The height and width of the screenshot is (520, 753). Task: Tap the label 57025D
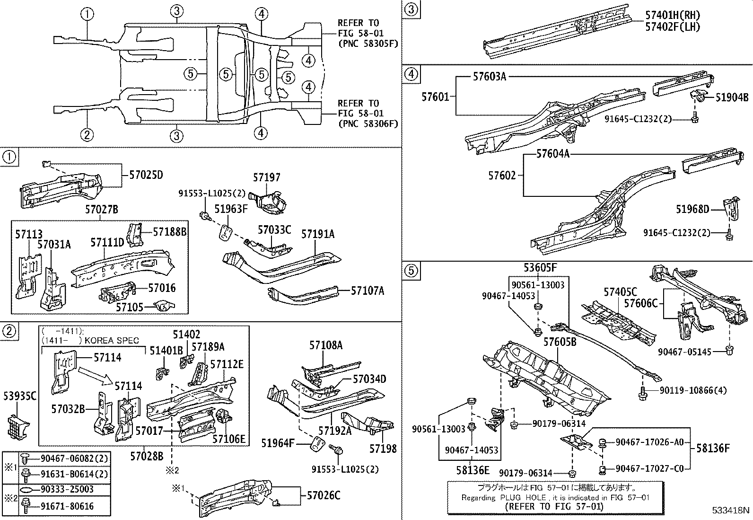tap(146, 175)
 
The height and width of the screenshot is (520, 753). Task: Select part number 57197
tap(266, 177)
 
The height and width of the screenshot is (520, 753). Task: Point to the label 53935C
tap(19, 396)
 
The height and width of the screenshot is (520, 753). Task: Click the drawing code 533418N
tap(731, 511)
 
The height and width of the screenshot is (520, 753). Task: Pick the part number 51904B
tap(732, 97)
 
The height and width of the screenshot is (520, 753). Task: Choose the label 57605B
tap(560, 342)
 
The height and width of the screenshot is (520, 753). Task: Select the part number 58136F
tap(713, 448)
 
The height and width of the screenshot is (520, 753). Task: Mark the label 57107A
tap(368, 291)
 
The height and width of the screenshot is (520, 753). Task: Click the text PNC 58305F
tap(368, 44)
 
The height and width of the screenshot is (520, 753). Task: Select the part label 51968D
tap(692, 209)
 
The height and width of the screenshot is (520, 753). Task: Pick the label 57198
tap(383, 448)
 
